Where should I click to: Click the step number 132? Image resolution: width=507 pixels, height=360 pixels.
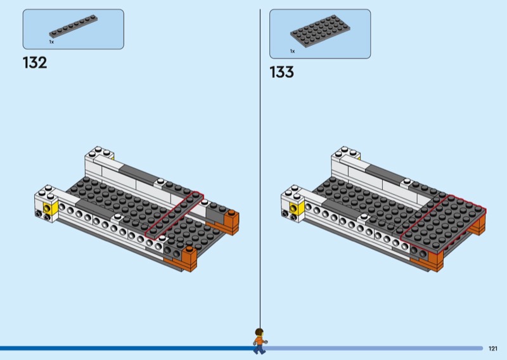(x=35, y=63)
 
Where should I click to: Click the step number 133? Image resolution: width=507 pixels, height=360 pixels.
(x=281, y=72)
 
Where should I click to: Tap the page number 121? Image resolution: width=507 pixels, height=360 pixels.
(x=493, y=349)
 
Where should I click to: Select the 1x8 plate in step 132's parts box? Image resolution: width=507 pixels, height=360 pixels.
(x=74, y=26)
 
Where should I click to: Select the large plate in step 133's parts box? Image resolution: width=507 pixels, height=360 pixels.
(x=320, y=30)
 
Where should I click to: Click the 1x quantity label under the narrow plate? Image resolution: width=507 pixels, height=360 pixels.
(x=51, y=42)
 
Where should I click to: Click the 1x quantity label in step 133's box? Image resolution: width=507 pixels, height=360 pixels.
(x=292, y=51)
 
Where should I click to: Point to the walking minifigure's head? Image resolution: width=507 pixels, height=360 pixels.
(x=259, y=333)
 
